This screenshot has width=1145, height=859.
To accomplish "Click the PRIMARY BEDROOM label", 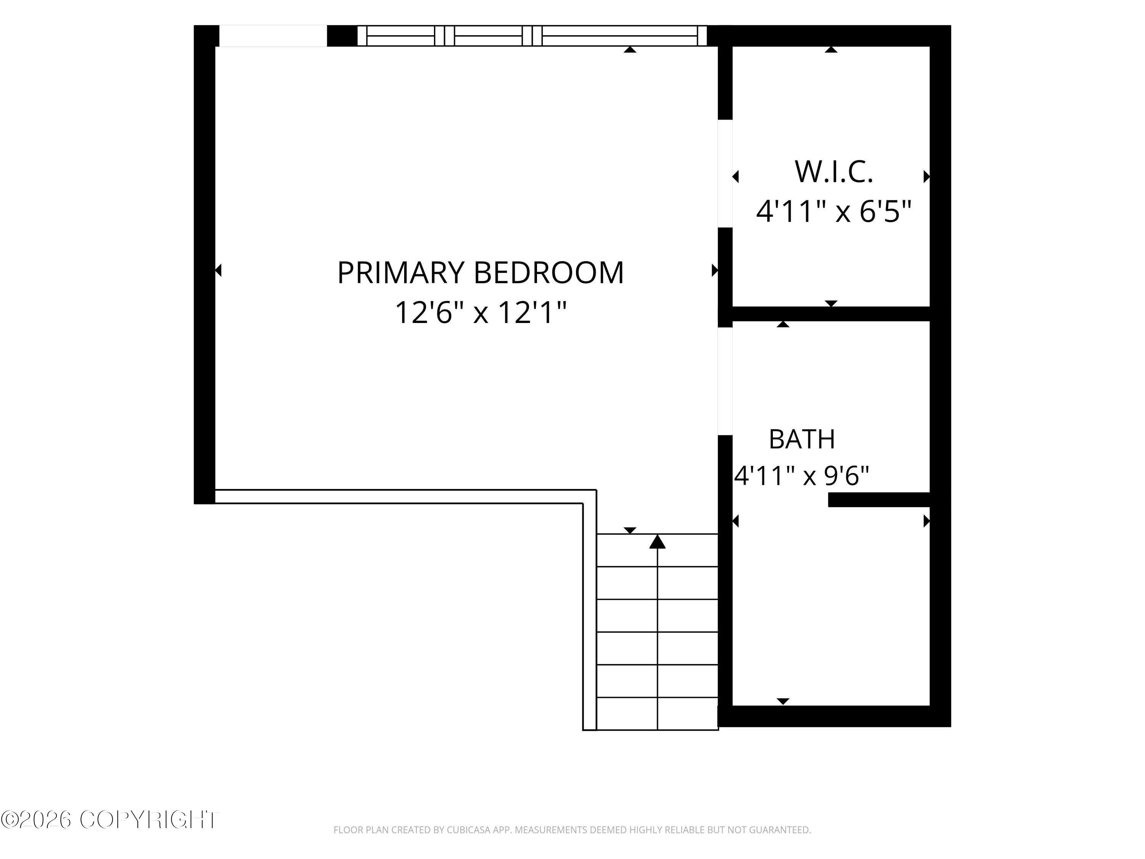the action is [x=481, y=273].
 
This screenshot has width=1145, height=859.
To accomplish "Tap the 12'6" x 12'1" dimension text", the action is [x=481, y=313].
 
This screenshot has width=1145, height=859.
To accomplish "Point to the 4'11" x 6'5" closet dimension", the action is [x=834, y=212].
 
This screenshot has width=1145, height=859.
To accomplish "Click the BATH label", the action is [x=802, y=439].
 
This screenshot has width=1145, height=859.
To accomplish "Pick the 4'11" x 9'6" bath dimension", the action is [x=802, y=475].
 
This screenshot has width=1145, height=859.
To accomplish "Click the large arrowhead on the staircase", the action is [x=657, y=542].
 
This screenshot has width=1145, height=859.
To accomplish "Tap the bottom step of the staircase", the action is [x=657, y=714].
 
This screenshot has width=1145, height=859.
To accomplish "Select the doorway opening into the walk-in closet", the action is [x=725, y=173].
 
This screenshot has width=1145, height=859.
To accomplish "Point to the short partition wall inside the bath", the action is [x=879, y=500].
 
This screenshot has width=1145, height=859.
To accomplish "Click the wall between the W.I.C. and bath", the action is [x=831, y=314].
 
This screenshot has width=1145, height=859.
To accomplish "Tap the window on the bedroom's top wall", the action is [x=532, y=36].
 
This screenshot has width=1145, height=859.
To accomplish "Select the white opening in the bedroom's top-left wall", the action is [x=273, y=36].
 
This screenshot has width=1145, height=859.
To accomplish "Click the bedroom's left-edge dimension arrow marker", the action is [x=218, y=270].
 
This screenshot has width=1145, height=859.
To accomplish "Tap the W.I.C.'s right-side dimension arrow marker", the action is [x=927, y=176].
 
